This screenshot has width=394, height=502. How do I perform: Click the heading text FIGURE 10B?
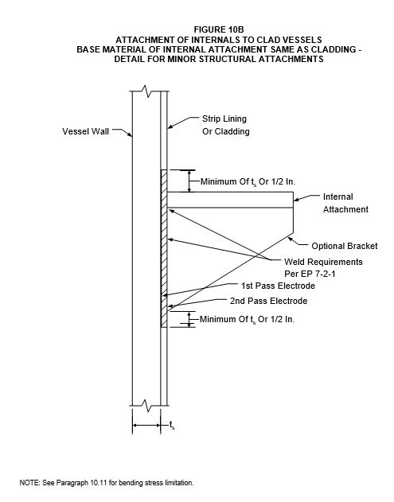(219, 29)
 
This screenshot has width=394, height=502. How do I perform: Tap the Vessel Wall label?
(85, 131)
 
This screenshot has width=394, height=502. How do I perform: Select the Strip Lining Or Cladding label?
(226, 125)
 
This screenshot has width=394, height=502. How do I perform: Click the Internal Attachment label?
(345, 203)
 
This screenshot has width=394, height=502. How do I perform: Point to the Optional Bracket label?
(345, 246)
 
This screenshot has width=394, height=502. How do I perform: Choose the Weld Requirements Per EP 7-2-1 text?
(323, 268)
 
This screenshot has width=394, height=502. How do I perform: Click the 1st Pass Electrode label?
(278, 286)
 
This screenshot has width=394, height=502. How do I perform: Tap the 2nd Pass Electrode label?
(269, 301)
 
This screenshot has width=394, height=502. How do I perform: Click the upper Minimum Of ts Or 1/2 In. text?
(248, 182)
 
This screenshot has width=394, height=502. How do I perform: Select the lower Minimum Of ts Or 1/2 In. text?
(247, 320)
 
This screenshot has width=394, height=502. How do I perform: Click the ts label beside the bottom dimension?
(172, 425)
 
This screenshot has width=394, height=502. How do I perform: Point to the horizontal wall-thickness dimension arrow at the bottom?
(146, 425)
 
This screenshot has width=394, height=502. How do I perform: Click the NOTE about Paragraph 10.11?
(107, 483)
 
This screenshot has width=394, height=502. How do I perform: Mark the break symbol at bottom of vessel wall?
(146, 406)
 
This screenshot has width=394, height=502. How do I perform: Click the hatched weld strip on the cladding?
(164, 248)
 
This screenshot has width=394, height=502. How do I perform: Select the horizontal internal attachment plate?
(230, 200)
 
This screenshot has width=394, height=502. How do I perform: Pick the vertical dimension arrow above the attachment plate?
(189, 181)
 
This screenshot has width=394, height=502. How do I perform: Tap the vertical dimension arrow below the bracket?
(189, 319)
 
